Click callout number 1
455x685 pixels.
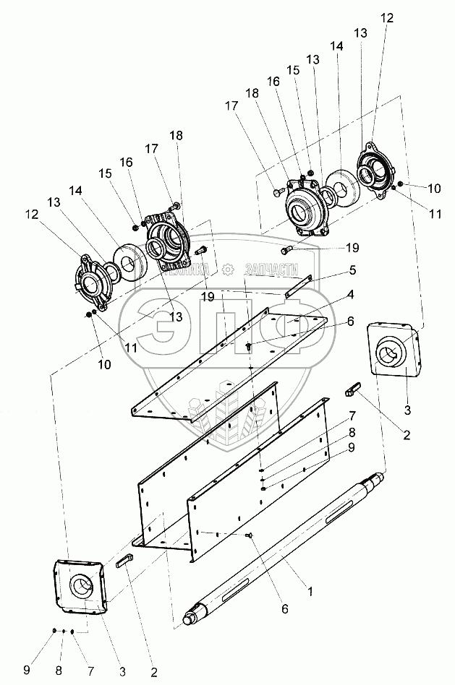coord(310,592)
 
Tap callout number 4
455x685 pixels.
coord(350,295)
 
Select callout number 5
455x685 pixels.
coord(352,270)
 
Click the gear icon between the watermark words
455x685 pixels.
coord(228,269)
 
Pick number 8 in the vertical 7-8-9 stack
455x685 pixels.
coord(352,431)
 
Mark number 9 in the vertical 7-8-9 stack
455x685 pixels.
coord(352,447)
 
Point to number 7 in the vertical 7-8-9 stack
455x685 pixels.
coord(352,415)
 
